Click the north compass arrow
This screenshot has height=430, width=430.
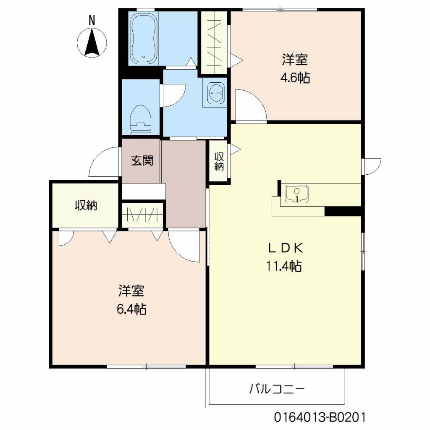(x=92, y=43)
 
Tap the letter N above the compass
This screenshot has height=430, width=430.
(x=92, y=19)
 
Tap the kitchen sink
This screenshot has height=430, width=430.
(x=297, y=194)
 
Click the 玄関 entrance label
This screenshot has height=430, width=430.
(x=142, y=160)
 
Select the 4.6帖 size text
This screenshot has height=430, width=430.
(x=295, y=78)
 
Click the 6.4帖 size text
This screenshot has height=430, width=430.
(x=131, y=309)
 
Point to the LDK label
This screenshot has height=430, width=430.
(x=286, y=248)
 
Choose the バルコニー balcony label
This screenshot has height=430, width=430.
(x=277, y=389)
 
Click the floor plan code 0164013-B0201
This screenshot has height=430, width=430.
(x=320, y=418)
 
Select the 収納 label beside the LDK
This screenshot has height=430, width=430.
(x=219, y=161)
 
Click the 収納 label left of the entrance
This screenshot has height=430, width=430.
(x=86, y=205)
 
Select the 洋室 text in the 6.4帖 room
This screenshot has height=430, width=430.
(x=131, y=291)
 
